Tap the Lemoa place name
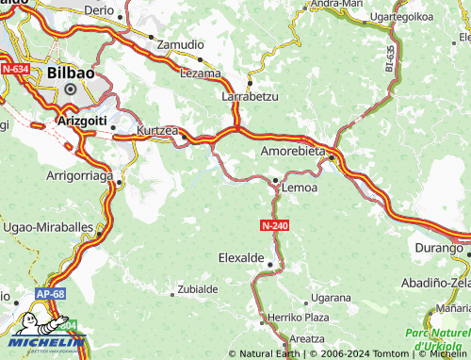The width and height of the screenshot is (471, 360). pos(299,188)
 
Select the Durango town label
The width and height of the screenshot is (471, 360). pos(438,249)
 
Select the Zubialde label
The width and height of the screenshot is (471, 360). pos(198,289)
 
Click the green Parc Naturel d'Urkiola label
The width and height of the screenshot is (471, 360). pos(437,339)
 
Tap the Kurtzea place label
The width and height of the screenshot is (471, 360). pos(156,128)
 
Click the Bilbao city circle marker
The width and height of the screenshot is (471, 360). pos(69,90)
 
